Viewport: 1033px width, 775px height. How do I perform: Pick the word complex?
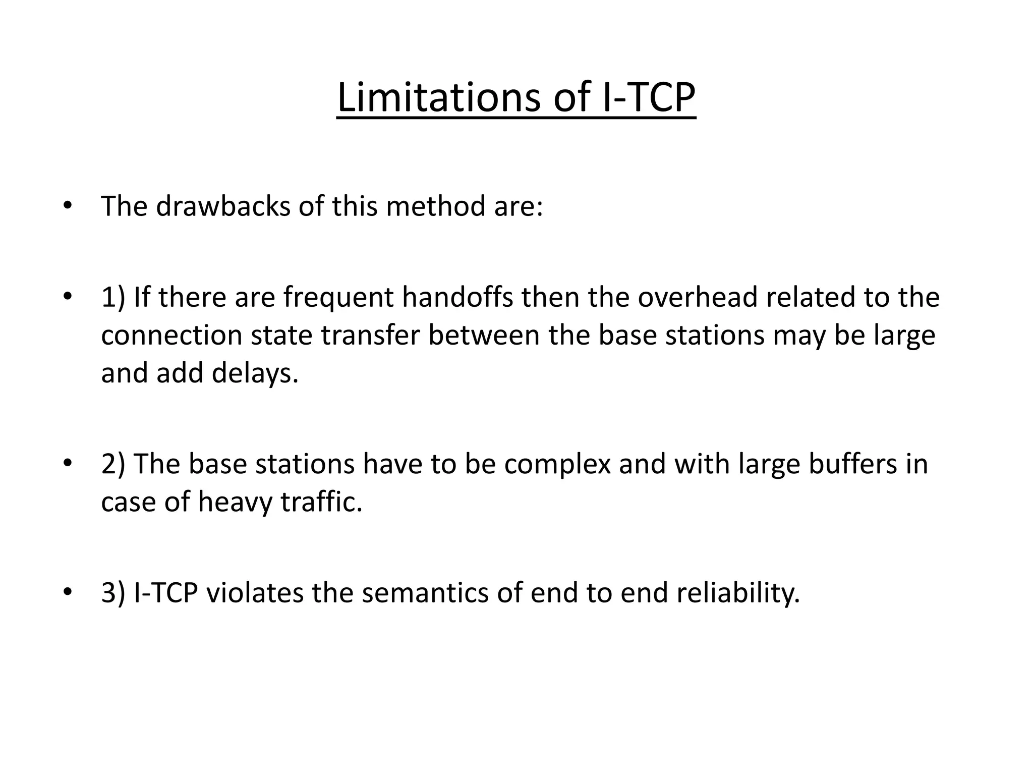pyautogui.click(x=557, y=464)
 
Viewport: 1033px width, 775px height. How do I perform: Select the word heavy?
pyautogui.click(x=235, y=503)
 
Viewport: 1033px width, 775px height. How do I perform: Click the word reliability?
pyautogui.click(x=738, y=592)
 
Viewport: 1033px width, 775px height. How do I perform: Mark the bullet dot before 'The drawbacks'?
pyautogui.click(x=67, y=207)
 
